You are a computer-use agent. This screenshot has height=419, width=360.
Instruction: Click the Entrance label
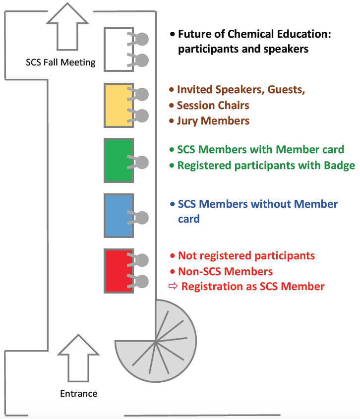coord(78,394)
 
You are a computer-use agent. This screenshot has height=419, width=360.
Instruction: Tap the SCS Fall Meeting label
coord(60,62)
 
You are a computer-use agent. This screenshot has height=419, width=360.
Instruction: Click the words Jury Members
coord(213,121)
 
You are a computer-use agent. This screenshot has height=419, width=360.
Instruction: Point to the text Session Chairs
coord(213,106)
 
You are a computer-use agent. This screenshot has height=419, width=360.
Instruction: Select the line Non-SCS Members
coord(225,271)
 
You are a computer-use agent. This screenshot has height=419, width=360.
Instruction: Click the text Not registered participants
coord(246,256)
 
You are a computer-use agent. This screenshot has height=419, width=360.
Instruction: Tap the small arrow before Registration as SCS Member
coord(173,287)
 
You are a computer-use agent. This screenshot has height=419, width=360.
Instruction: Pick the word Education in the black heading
coord(303,34)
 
